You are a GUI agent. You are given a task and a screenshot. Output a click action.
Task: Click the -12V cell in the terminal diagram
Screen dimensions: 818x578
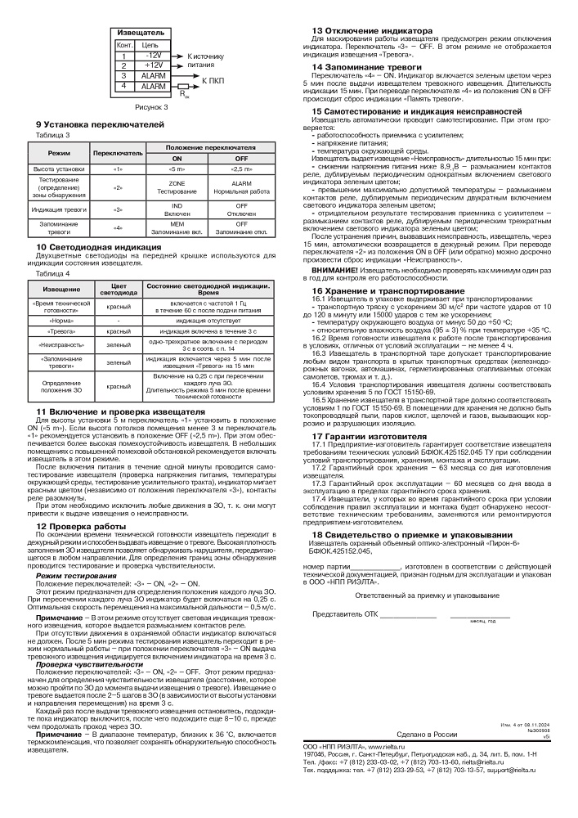click(153, 56)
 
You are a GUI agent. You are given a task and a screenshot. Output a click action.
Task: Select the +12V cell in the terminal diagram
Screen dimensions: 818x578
click(153, 65)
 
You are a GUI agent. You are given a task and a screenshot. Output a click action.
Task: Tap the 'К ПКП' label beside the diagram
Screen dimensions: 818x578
click(213, 81)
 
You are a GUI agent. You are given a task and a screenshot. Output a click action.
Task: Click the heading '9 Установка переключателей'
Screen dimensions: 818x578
click(101, 124)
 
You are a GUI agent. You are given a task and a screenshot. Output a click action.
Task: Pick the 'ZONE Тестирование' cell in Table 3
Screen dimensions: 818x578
click(177, 186)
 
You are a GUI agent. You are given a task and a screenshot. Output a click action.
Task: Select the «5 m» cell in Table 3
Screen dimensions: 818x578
click(177, 168)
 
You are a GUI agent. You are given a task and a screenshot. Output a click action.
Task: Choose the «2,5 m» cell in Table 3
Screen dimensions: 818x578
click(241, 168)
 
